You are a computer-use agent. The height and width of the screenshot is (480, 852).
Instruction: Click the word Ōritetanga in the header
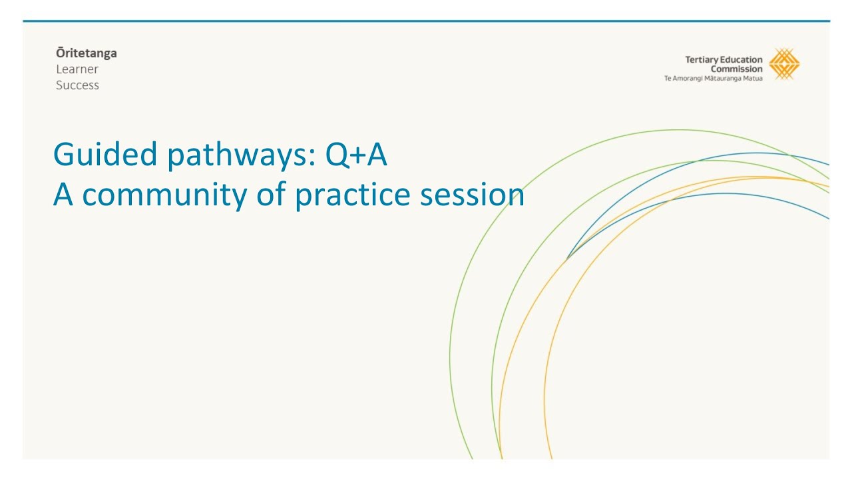pos(86,53)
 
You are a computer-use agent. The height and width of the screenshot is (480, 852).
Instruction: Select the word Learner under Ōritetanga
pos(77,69)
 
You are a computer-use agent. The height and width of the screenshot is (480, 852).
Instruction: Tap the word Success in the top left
pos(77,85)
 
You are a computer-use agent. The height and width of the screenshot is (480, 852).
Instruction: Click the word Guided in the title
pos(105,155)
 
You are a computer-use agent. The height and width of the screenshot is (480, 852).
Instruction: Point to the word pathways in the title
pos(237,155)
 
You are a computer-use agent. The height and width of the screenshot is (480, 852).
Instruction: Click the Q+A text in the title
pos(356,155)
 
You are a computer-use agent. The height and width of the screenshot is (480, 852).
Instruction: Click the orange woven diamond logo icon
pos(784,65)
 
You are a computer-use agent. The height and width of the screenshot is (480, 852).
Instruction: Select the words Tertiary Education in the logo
pos(724,60)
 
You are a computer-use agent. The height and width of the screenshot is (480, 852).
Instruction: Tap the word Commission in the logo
pos(736,69)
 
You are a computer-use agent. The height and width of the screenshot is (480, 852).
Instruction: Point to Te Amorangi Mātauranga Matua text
pos(714,78)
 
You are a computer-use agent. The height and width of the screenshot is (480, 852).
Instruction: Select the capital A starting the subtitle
pos(64,195)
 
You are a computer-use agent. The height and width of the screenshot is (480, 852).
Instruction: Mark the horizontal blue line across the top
pos(426,21)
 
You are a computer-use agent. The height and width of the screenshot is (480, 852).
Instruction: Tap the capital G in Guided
pos(64,155)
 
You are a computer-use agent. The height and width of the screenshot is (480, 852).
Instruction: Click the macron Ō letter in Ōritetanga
pos(60,53)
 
